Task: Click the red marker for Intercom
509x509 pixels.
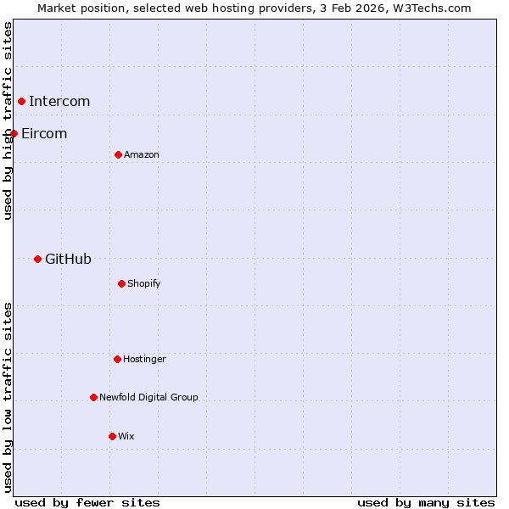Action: pyautogui.click(x=22, y=102)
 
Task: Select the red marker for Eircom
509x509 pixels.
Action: pyautogui.click(x=14, y=133)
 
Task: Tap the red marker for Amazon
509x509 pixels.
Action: pyautogui.click(x=118, y=154)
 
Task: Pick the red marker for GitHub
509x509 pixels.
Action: pyautogui.click(x=37, y=259)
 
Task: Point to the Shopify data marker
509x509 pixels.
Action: pyautogui.click(x=121, y=283)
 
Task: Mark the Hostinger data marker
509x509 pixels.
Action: pyautogui.click(x=117, y=359)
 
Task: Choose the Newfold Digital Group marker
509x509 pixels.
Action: pyautogui.click(x=93, y=397)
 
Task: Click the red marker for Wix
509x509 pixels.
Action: pyautogui.click(x=112, y=436)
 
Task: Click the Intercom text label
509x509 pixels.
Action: pyautogui.click(x=59, y=102)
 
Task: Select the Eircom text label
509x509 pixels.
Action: pyautogui.click(x=44, y=134)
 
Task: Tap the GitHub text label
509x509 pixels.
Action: pyautogui.click(x=68, y=260)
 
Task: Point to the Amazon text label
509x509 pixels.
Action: pyautogui.click(x=142, y=155)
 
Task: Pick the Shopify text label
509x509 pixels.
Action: pyautogui.click(x=144, y=284)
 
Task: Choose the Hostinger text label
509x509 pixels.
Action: pyautogui.click(x=144, y=360)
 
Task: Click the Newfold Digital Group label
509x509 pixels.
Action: pyautogui.click(x=148, y=398)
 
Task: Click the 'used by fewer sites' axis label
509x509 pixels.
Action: pyautogui.click(x=87, y=502)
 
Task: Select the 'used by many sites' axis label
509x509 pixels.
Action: pyautogui.click(x=426, y=502)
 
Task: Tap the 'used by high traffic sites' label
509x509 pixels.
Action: pyautogui.click(x=8, y=120)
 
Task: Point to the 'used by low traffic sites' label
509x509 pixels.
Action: pyautogui.click(x=8, y=397)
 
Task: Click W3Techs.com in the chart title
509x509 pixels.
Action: pyautogui.click(x=433, y=8)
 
